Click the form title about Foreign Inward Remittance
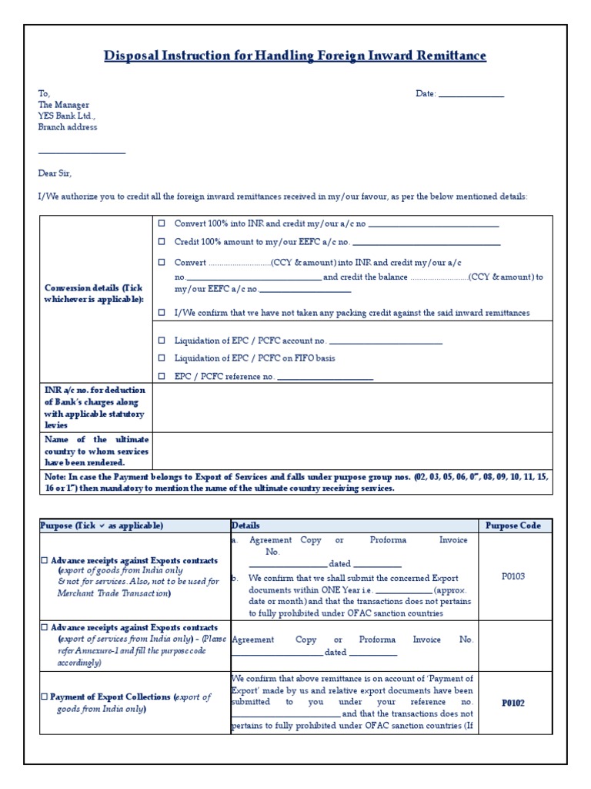(x=295, y=56)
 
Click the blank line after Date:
(x=470, y=95)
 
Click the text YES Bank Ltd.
(x=67, y=116)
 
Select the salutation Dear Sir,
(x=55, y=173)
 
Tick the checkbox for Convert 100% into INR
(x=162, y=223)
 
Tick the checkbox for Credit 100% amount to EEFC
(x=162, y=242)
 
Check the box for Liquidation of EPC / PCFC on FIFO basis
(x=162, y=358)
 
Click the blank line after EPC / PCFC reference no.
(x=325, y=378)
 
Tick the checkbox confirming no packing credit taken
(x=162, y=313)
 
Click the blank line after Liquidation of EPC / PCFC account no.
(x=386, y=341)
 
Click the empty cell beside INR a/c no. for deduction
(x=352, y=408)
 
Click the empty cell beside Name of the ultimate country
(x=352, y=451)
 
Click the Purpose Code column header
(x=513, y=525)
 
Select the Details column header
(x=245, y=525)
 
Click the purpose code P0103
(x=513, y=576)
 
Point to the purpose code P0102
(x=513, y=703)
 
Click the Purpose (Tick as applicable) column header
(x=102, y=525)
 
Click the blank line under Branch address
(x=82, y=153)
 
